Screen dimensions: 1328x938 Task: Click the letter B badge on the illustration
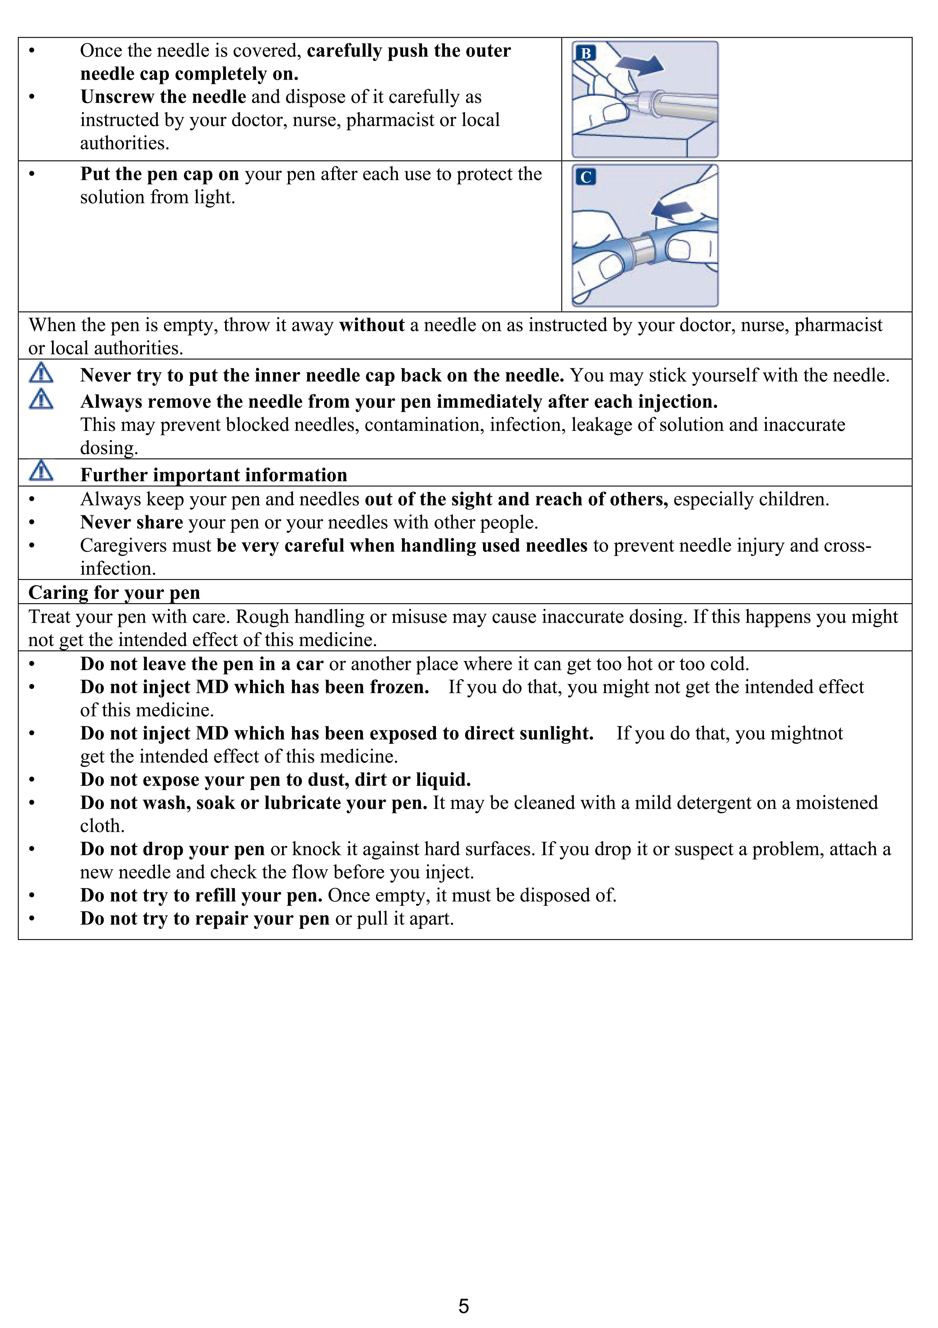[586, 53]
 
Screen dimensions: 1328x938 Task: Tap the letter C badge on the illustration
[586, 177]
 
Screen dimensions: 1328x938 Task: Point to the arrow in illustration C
[672, 211]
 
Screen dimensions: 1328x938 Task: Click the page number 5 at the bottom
[464, 1306]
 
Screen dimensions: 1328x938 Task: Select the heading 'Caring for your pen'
[114, 593]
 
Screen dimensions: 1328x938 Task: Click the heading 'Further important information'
[214, 475]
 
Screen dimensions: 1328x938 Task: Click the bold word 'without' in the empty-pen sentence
[371, 325]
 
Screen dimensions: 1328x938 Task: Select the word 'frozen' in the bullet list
[397, 687]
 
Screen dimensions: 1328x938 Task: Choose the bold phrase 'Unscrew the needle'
[163, 97]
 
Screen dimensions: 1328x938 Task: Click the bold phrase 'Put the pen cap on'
[160, 174]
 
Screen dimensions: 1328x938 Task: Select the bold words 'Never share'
[131, 522]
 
